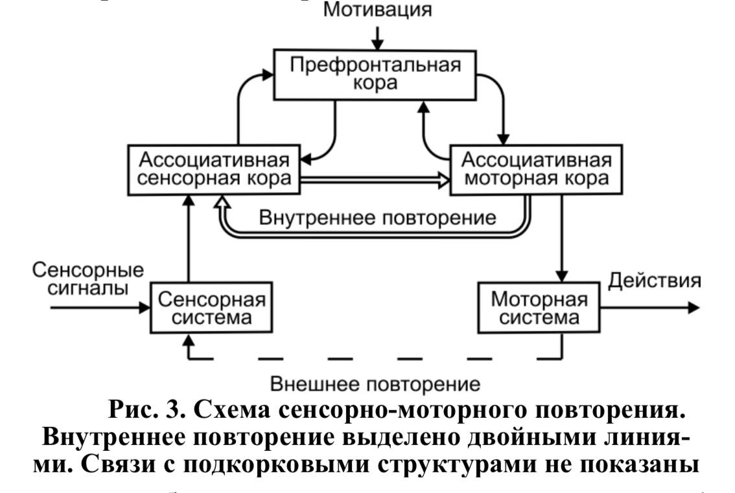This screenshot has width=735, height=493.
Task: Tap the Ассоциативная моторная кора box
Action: [x=530, y=170]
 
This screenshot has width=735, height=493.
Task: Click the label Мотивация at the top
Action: [x=377, y=10]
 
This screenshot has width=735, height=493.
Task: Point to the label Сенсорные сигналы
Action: [x=88, y=279]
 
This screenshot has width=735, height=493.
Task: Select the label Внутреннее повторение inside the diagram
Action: [x=378, y=216]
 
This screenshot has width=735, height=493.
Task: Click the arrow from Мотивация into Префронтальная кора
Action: [x=378, y=39]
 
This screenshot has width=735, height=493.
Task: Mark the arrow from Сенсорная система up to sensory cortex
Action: [x=189, y=240]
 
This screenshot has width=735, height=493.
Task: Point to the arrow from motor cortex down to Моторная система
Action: [x=563, y=240]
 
